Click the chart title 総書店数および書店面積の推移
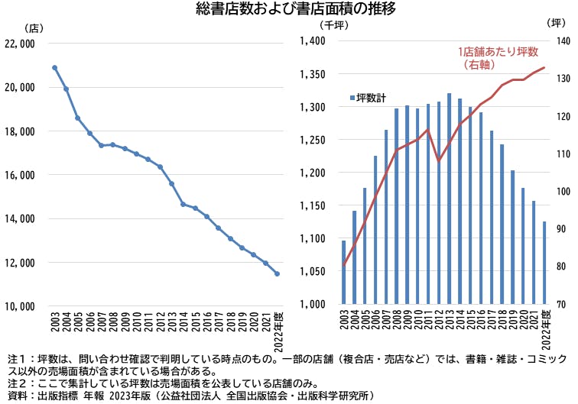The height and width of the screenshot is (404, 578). (289, 10)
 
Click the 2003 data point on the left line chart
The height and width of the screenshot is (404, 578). (55, 68)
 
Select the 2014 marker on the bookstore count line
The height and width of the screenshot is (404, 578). (183, 204)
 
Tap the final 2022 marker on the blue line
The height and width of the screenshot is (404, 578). (278, 273)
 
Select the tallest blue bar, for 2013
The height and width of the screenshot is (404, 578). (449, 199)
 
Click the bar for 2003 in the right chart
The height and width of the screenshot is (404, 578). (343, 273)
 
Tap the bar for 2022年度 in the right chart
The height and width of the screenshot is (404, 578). (544, 263)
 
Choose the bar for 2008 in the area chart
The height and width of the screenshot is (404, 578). (396, 206)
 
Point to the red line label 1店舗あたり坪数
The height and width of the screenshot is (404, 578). (498, 52)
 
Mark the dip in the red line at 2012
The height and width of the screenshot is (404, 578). (438, 161)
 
